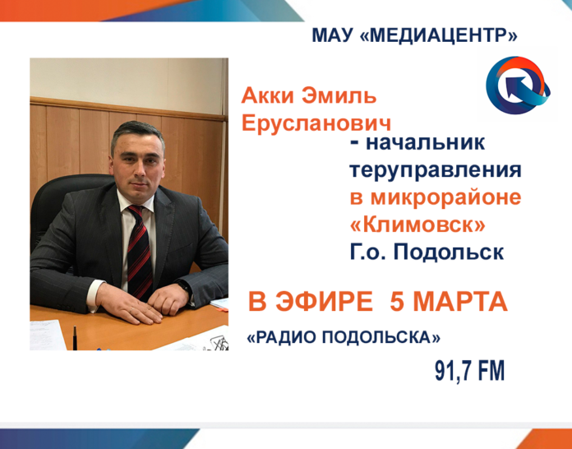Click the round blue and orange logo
point(514,86)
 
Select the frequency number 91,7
point(456,370)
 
